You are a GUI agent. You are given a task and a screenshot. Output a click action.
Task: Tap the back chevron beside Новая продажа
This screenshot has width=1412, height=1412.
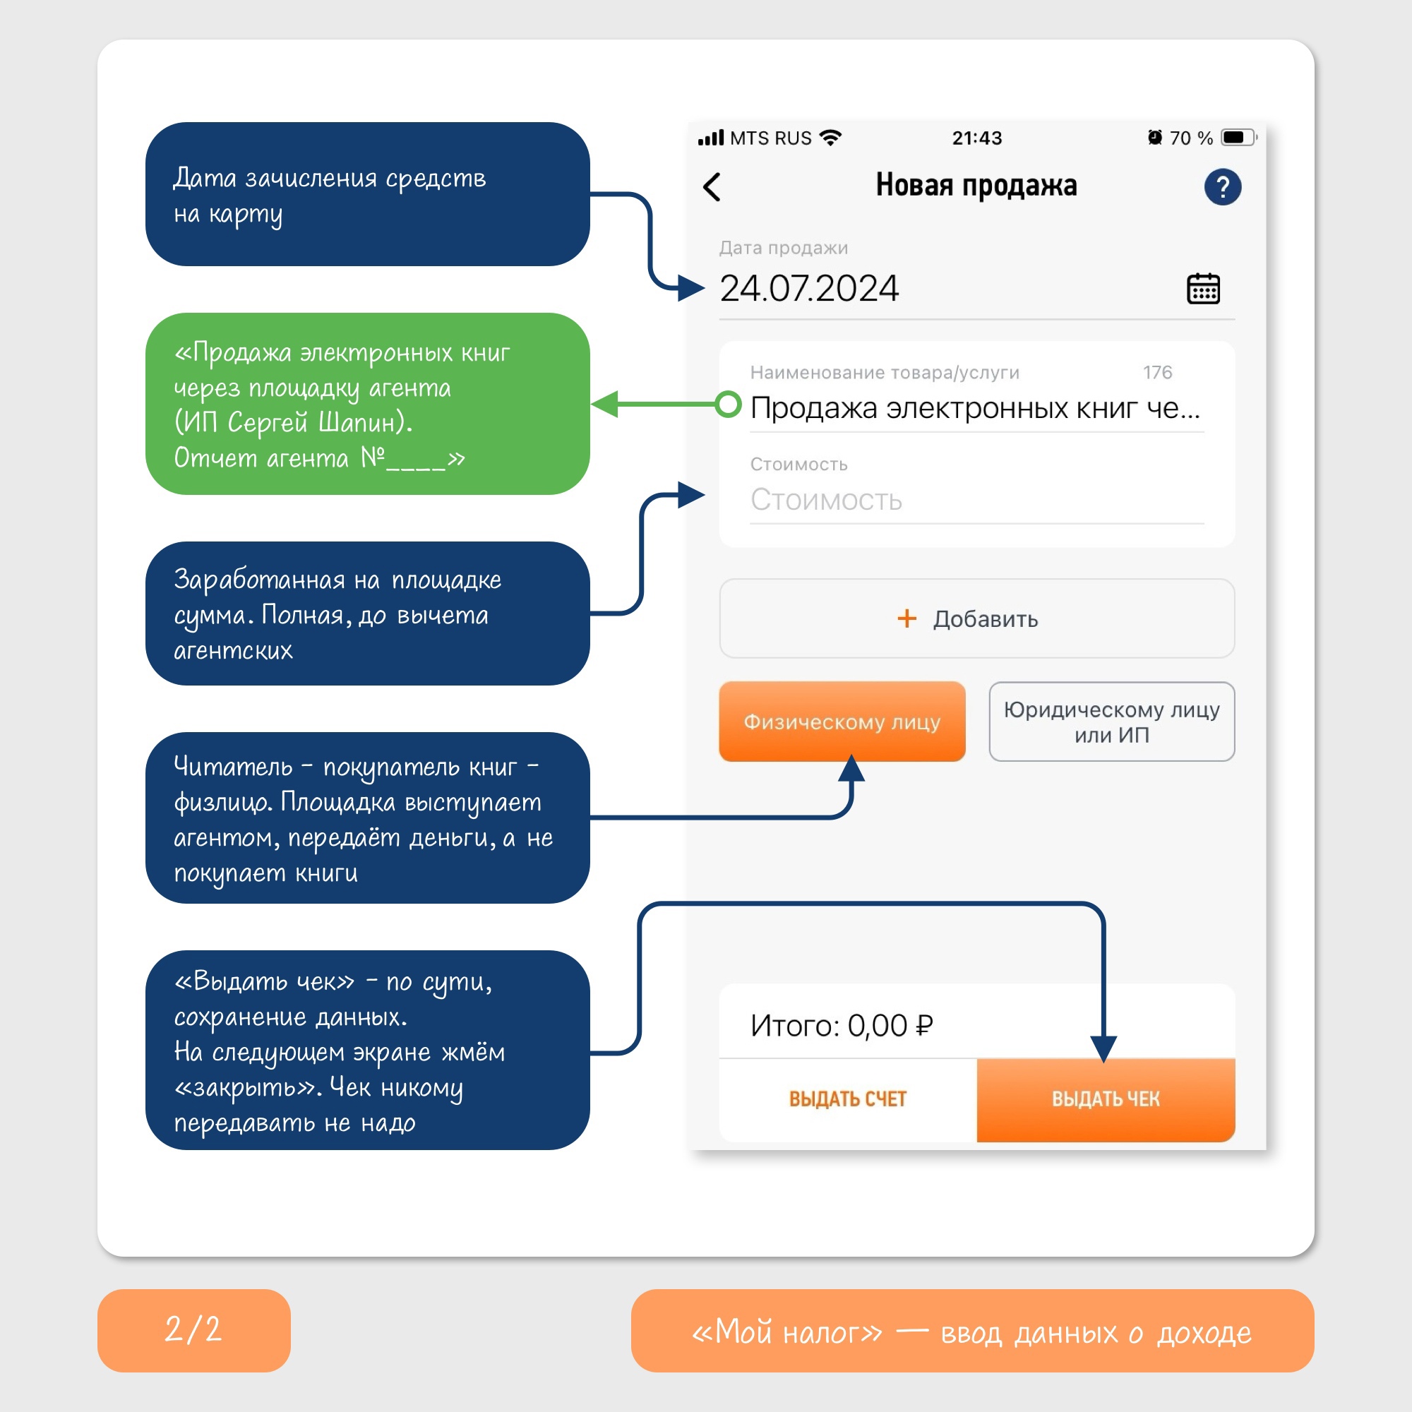tap(712, 187)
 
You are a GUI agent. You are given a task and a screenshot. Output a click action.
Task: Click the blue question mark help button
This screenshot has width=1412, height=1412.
tap(1223, 187)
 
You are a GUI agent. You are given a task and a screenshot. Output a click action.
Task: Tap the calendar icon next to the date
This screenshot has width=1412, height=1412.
tap(1203, 289)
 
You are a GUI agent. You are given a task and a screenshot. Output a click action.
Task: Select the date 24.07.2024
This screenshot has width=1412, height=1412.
tap(809, 289)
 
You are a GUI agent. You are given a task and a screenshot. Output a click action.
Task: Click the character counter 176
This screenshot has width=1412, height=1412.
tap(1158, 373)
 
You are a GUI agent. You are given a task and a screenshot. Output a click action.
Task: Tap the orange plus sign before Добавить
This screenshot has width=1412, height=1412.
tap(907, 618)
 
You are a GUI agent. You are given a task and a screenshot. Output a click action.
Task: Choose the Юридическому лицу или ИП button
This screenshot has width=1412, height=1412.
tap(1112, 722)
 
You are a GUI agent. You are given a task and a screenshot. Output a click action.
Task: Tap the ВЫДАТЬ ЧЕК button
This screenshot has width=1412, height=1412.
tap(1106, 1100)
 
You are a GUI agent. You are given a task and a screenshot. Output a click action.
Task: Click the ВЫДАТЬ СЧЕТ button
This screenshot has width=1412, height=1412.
tap(848, 1100)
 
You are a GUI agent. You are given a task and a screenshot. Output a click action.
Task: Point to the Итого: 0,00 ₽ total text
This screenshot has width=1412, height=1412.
tap(842, 1025)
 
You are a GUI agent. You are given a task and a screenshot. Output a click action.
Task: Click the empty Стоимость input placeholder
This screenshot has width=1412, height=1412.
tap(827, 500)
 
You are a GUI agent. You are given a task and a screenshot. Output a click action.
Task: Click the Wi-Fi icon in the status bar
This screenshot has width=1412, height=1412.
tap(831, 138)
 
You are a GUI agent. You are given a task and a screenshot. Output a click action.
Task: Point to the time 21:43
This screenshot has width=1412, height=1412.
tap(977, 138)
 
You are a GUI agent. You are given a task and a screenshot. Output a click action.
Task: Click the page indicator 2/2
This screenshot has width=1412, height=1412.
tap(193, 1330)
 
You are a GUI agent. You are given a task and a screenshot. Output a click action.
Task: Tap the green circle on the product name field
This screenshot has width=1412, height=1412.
tap(728, 404)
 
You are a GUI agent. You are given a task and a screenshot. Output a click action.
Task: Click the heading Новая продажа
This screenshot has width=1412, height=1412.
tap(976, 186)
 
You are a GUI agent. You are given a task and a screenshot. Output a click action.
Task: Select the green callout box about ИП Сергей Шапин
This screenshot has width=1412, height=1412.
tap(368, 404)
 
